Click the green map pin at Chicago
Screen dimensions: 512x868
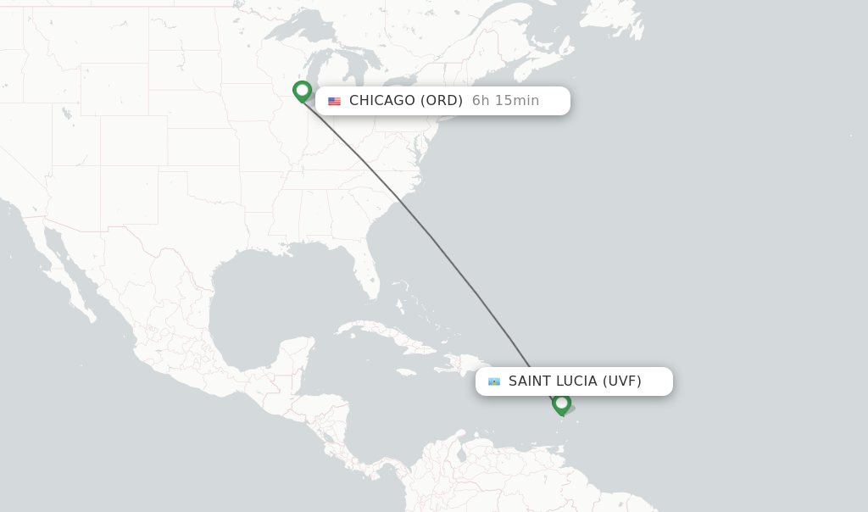pyautogui.click(x=302, y=90)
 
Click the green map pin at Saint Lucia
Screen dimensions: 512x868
pyautogui.click(x=561, y=403)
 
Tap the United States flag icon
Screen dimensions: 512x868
pyautogui.click(x=335, y=102)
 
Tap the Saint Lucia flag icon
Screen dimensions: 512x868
pyautogui.click(x=494, y=381)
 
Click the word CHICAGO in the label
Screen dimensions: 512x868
pyautogui.click(x=382, y=101)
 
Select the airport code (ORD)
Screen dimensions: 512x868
pyautogui.click(x=442, y=101)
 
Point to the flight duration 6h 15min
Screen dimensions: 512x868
pyautogui.click(x=505, y=101)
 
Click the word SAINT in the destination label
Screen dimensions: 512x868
pyautogui.click(x=530, y=381)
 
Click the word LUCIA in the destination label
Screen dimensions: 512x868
pyautogui.click(x=576, y=381)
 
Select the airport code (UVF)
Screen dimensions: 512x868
pyautogui.click(x=622, y=381)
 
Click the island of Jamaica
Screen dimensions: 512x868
pyautogui.click(x=406, y=371)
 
